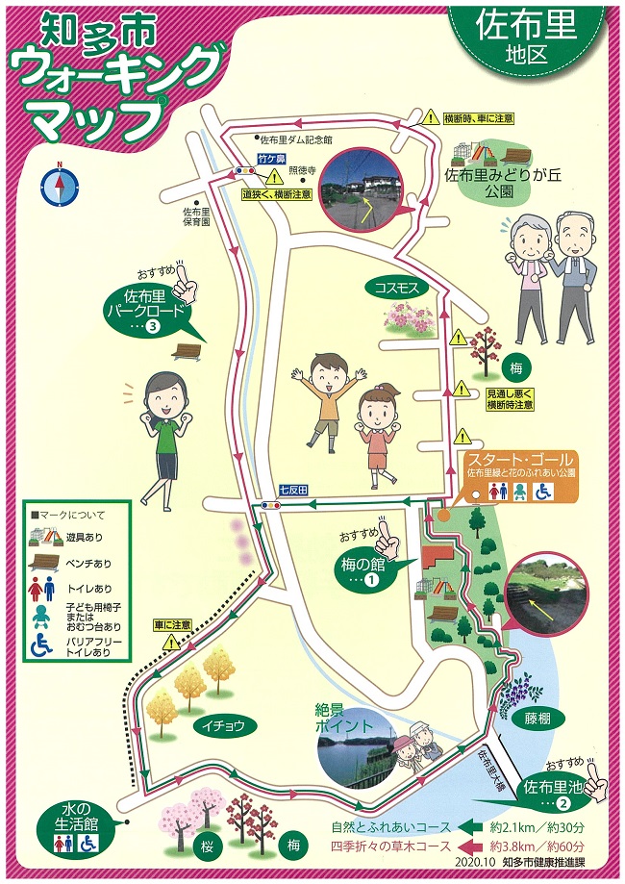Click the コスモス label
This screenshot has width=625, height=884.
click(x=395, y=286)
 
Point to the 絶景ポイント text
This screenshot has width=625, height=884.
click(x=344, y=720)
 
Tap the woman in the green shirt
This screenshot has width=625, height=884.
click(x=160, y=433)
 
